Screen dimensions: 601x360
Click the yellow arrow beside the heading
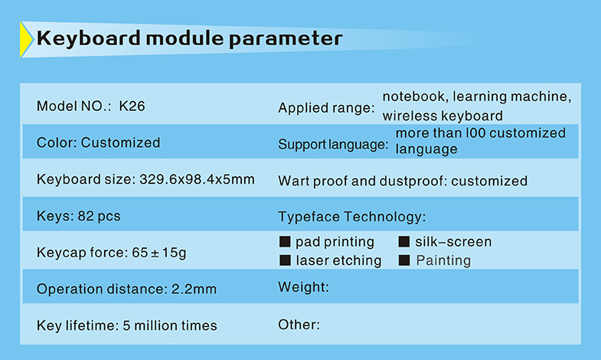(26, 40)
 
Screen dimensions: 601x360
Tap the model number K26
(132, 106)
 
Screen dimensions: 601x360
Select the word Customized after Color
(120, 142)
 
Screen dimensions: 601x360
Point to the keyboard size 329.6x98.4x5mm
(197, 179)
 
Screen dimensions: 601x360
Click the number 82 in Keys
(86, 216)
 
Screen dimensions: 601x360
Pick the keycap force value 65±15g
(159, 253)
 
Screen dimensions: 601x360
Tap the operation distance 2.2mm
(194, 289)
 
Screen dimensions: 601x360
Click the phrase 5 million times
(170, 326)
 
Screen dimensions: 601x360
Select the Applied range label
(326, 108)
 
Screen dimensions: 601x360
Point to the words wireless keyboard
(443, 116)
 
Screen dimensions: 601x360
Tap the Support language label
(333, 144)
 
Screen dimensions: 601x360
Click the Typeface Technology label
(352, 217)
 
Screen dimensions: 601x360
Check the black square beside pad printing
(285, 241)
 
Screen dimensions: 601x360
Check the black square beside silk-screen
(404, 241)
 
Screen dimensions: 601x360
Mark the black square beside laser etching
(285, 260)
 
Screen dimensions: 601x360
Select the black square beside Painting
(404, 260)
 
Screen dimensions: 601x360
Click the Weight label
(304, 287)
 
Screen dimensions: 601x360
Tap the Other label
(299, 325)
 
